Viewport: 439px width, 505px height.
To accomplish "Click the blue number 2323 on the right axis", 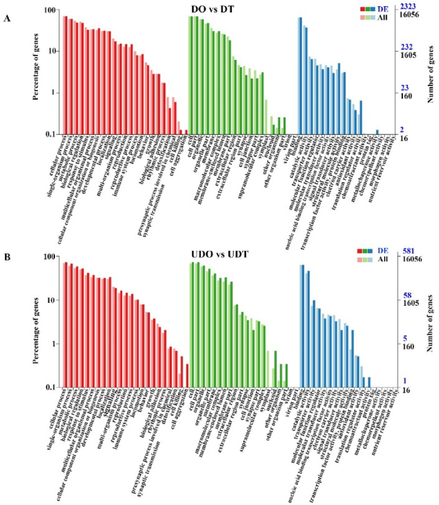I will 411,6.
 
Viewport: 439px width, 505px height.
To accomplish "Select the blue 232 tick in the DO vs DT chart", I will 407,47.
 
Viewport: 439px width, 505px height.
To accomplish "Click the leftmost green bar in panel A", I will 191,75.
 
